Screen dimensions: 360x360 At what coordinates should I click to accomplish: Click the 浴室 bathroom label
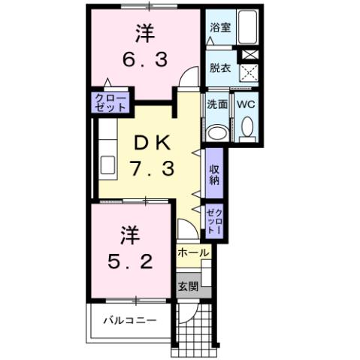click(x=220, y=28)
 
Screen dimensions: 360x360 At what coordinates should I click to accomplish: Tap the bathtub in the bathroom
click(x=247, y=29)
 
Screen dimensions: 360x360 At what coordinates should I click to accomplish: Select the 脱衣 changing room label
click(x=220, y=67)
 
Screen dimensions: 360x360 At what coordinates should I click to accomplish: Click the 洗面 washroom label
click(x=217, y=104)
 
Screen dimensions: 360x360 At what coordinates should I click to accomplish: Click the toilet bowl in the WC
click(x=247, y=130)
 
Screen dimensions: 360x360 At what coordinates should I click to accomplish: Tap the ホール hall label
click(x=193, y=253)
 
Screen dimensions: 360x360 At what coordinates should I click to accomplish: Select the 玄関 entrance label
click(x=188, y=286)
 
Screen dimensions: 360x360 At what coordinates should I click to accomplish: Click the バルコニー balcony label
click(x=130, y=320)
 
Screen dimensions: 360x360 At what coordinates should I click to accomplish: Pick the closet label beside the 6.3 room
click(x=110, y=103)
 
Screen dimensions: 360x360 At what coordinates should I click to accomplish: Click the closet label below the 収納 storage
click(x=214, y=222)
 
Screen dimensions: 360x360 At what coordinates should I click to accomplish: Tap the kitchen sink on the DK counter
click(x=105, y=166)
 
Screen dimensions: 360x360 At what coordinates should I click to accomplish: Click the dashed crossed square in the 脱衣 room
click(x=247, y=72)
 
